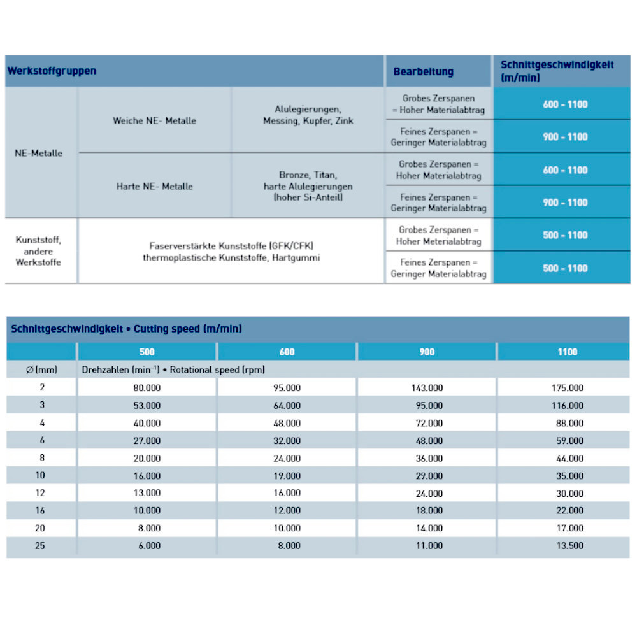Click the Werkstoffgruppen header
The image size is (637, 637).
pos(52,71)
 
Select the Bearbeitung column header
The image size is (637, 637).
pos(423,71)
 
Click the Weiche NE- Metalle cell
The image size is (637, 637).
pos(154,120)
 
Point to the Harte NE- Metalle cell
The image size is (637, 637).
pos(154,187)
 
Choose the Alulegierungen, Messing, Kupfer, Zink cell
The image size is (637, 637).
pos(308,115)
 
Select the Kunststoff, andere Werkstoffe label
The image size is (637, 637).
pos(39,251)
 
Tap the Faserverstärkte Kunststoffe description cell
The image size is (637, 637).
pos(231,252)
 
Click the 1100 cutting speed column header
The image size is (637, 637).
pos(567,352)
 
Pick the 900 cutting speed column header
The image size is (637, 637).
pos(427,352)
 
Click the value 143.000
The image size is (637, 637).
pos(427,387)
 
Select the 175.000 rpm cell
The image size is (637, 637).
pos(567,387)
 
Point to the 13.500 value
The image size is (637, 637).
pos(567,546)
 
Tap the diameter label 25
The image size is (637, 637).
pos(40,546)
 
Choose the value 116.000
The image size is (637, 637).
pos(567,405)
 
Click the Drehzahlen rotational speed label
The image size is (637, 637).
pos(173,369)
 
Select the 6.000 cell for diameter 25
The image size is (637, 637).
pos(148,546)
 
